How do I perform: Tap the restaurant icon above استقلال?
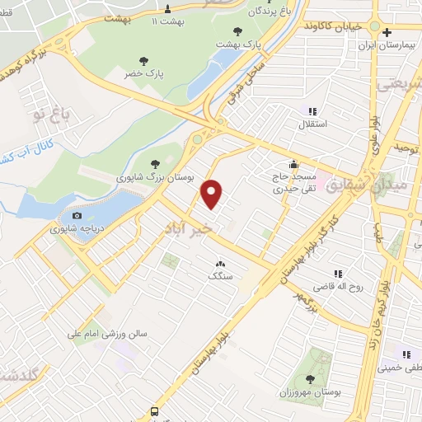[312, 111]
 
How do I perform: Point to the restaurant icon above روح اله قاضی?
[337, 274]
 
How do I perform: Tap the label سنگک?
[220, 277]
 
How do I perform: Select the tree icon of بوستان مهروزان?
[310, 378]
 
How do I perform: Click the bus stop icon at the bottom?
[153, 411]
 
